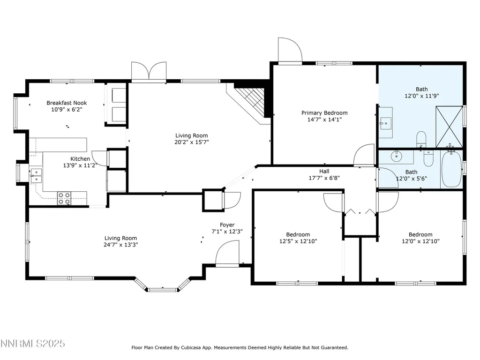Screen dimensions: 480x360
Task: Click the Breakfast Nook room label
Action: pos(67,103)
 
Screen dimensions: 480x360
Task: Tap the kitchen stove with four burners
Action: pos(64,198)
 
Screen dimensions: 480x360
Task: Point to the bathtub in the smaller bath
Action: pos(451,169)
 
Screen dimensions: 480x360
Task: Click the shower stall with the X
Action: pos(449,127)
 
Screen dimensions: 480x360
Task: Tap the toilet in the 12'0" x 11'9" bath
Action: pos(421,139)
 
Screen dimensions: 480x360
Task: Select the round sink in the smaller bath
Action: pos(397,156)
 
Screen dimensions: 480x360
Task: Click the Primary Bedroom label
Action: pos(324,113)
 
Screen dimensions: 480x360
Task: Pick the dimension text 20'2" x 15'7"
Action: pos(192,142)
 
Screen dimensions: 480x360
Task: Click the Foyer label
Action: pos(227,225)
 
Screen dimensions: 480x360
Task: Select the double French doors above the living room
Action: pos(149,72)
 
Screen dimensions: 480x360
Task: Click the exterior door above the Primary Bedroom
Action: pos(290,51)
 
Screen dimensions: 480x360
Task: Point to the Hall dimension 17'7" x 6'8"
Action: pos(324,178)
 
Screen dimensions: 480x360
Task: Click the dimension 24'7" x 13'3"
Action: pos(121,245)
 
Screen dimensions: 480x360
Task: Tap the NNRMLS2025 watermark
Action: pos(33,344)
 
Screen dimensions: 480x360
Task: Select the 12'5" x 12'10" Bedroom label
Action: pos(298,238)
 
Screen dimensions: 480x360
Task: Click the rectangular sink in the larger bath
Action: pos(386,123)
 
